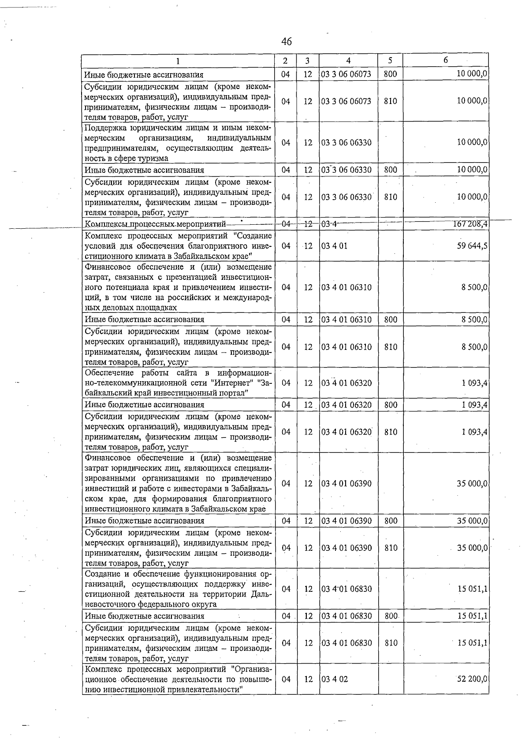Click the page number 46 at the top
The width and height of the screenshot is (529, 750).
point(286,42)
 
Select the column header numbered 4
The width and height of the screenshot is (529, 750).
point(348,60)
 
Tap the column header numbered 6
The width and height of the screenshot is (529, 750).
point(446,60)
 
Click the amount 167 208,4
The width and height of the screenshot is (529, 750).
point(470,224)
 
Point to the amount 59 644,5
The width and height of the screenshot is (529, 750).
point(472,245)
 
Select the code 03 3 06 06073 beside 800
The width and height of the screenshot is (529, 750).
point(346,74)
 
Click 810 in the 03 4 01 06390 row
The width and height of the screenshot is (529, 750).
point(391,548)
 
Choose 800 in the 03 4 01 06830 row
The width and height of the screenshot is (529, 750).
point(391,616)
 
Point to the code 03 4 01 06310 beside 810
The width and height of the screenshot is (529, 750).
point(346,347)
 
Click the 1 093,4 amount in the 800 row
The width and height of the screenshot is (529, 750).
point(474,405)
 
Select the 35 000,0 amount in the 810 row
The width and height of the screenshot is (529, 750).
point(472,548)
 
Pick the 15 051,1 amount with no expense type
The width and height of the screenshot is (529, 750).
point(472,589)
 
